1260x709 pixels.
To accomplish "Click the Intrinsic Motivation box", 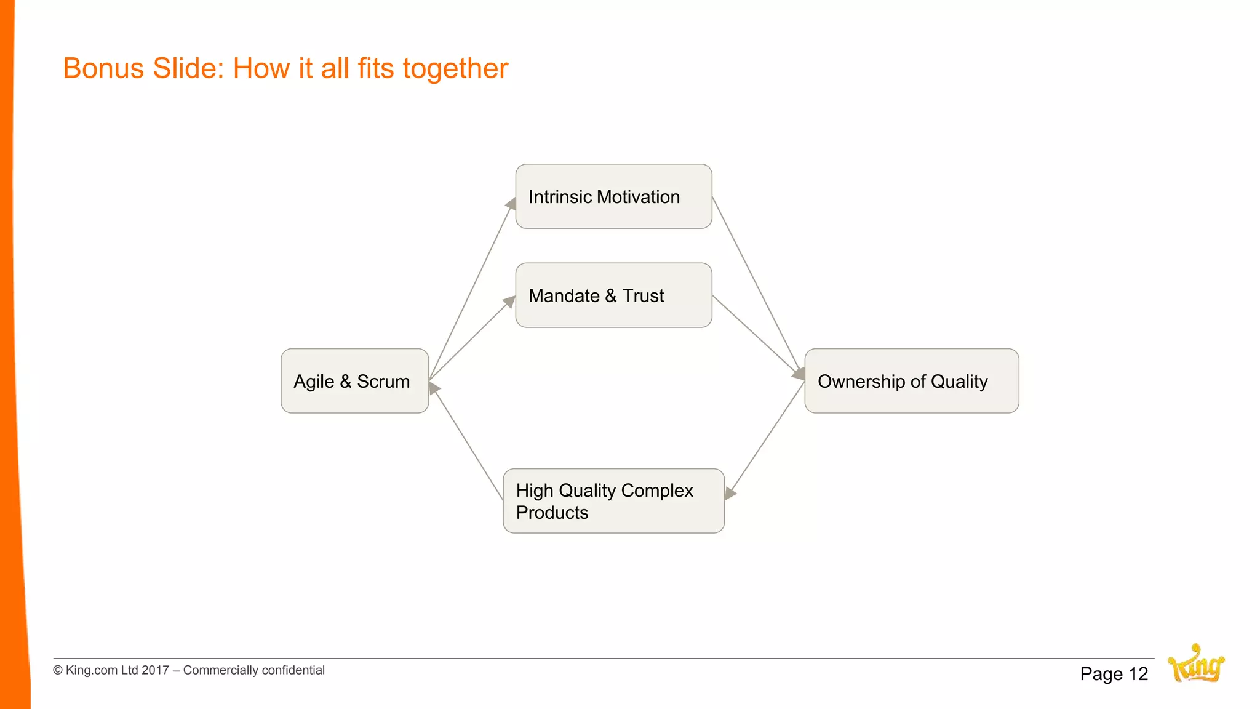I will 613,196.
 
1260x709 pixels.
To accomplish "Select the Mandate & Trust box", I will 613,295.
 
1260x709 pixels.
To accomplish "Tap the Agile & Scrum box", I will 354,381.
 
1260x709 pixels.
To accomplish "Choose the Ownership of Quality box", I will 911,381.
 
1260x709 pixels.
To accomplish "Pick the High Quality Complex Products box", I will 613,501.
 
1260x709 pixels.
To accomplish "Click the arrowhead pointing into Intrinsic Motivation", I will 511,204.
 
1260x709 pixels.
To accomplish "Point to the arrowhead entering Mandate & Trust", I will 509,302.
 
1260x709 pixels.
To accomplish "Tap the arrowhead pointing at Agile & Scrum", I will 434,388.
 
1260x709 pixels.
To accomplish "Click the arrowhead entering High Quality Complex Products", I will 730,493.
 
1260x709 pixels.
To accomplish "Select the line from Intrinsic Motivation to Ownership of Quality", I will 756,283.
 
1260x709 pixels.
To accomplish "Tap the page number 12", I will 1138,674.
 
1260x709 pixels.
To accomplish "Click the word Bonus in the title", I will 104,68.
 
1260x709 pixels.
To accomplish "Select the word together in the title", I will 455,68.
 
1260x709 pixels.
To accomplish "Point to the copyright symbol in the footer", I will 58,670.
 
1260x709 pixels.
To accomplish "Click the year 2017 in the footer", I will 155,670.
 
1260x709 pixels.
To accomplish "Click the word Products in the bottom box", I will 552,513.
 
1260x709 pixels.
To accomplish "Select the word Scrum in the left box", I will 383,382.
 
